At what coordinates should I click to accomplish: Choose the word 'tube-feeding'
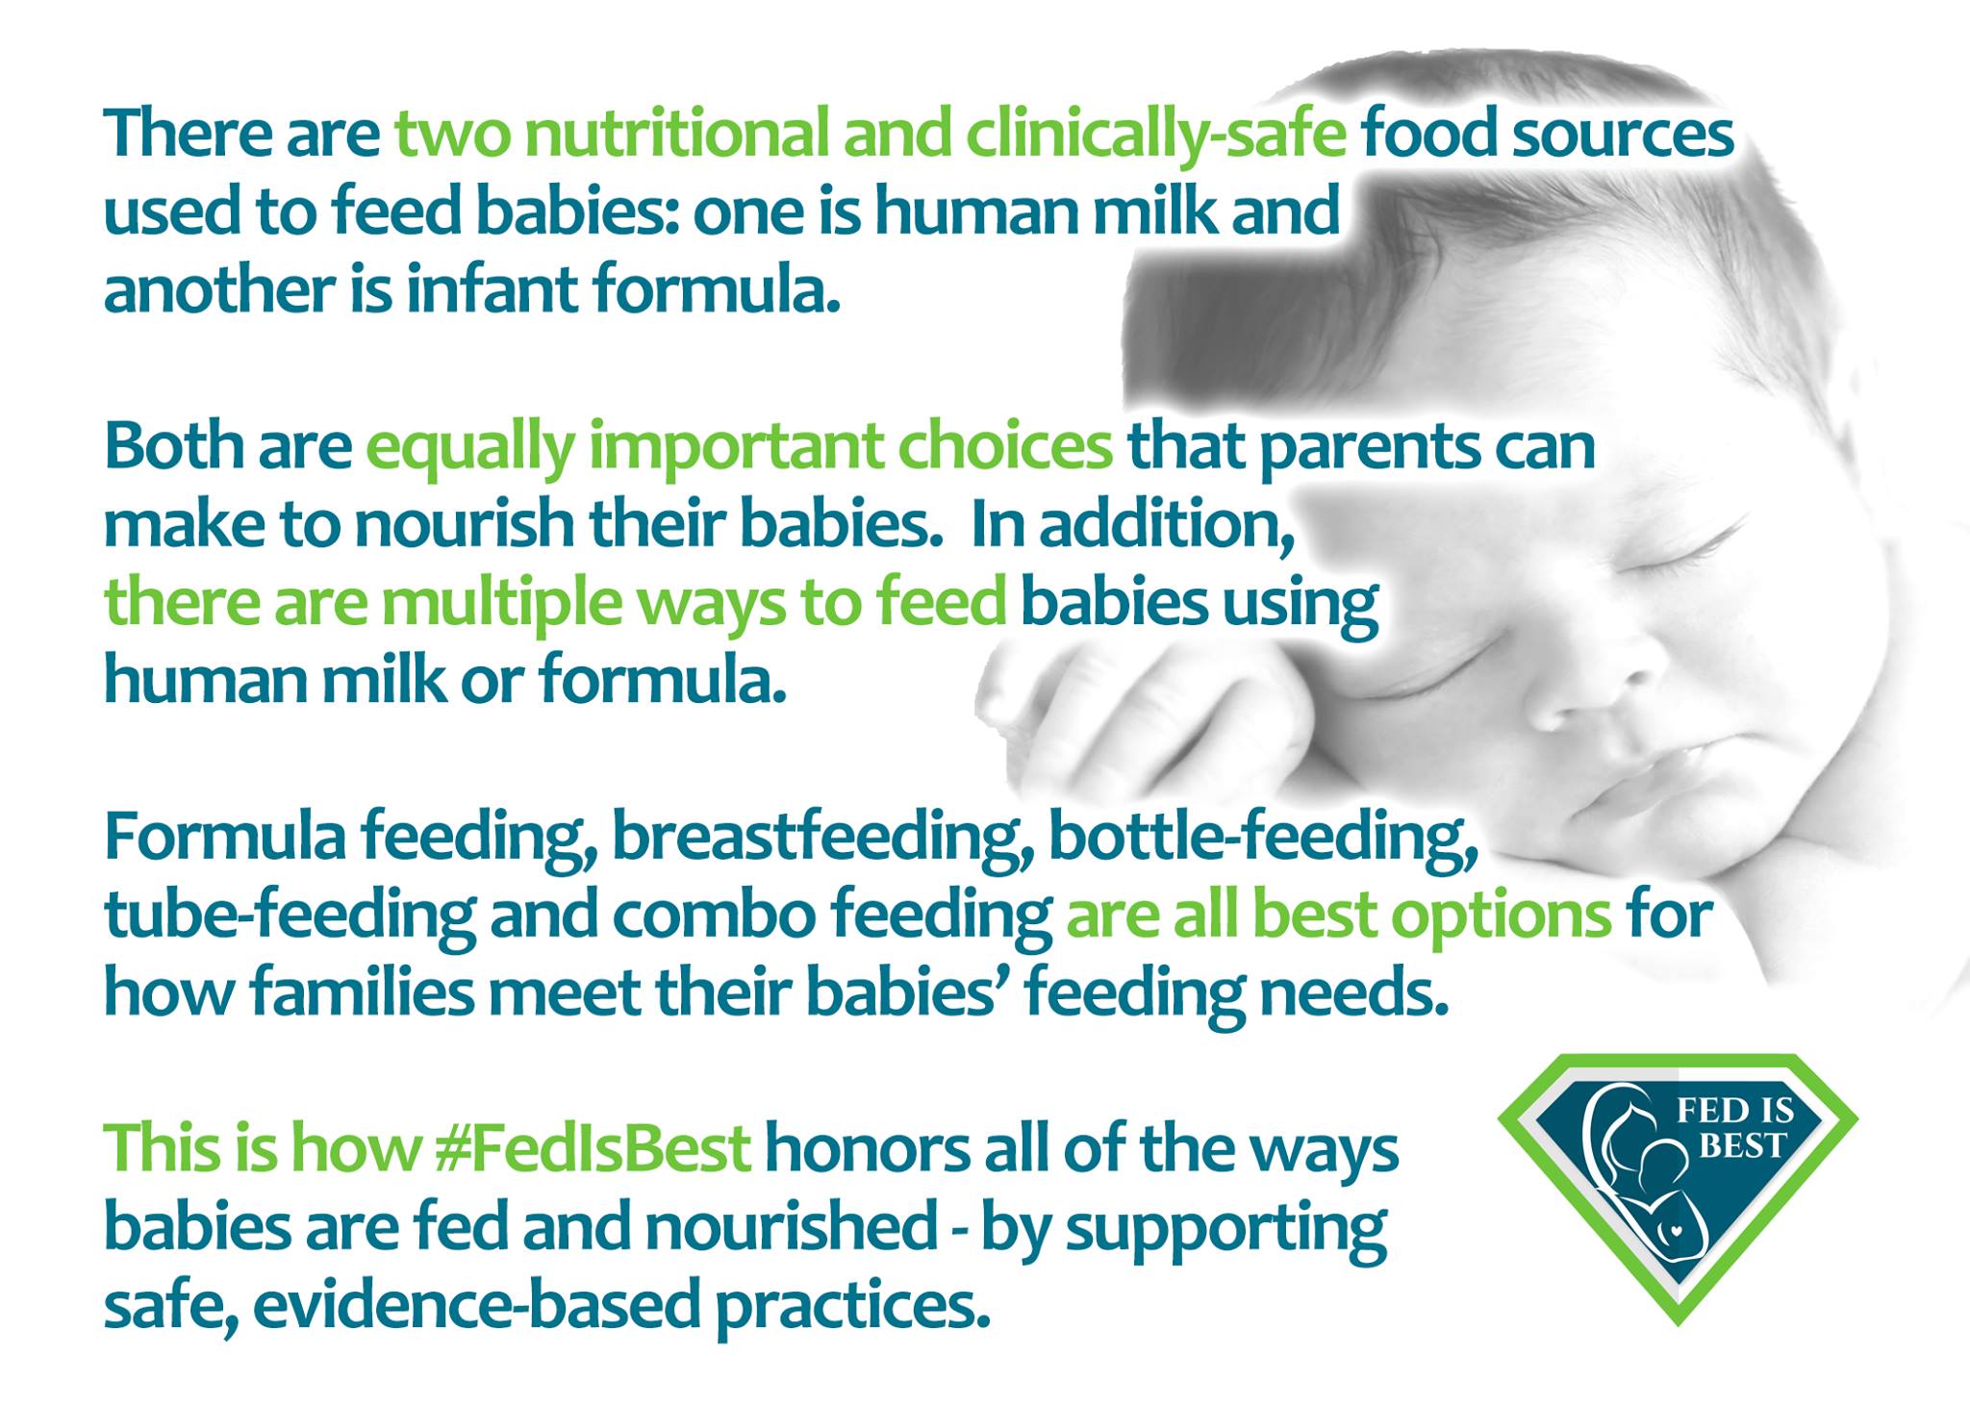[290, 916]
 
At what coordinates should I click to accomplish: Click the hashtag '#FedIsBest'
[593, 1148]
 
